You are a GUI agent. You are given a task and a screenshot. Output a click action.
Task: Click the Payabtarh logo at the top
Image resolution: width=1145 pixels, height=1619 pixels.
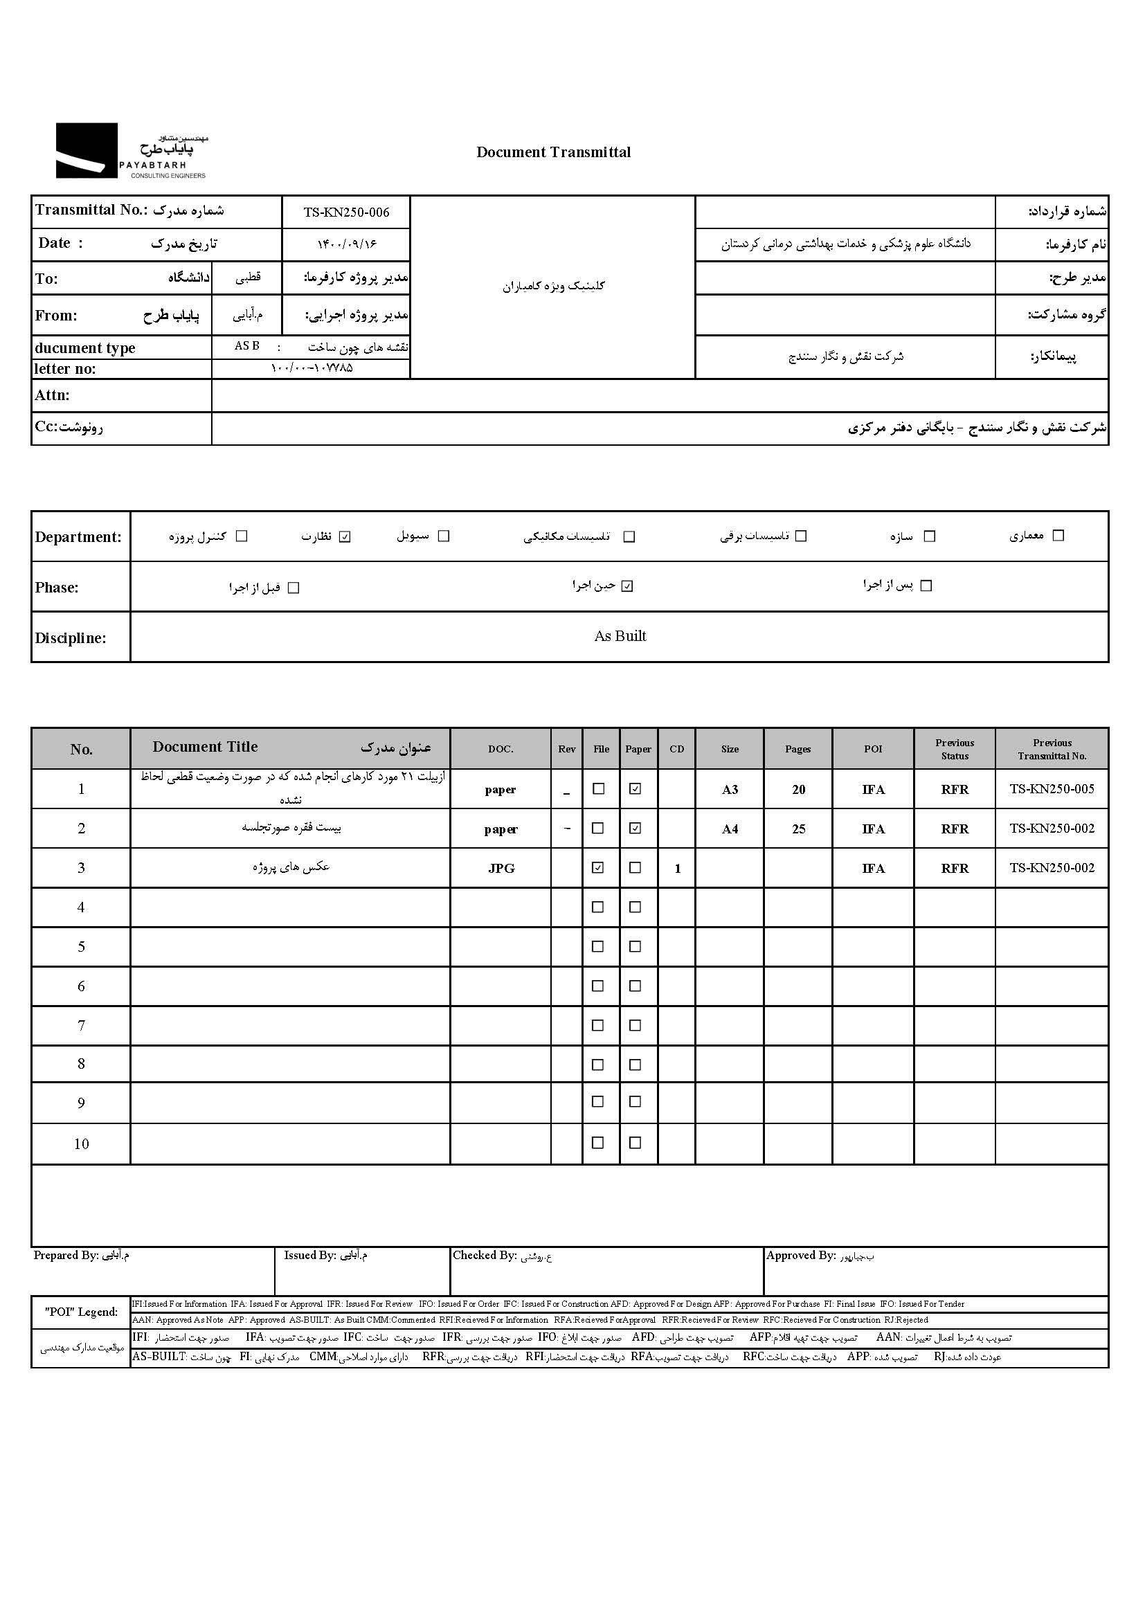click(131, 150)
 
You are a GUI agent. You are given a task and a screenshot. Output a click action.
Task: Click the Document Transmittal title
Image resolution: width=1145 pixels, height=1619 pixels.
click(554, 152)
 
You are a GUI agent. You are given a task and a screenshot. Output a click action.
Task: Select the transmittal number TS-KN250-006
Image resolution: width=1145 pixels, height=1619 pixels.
click(346, 212)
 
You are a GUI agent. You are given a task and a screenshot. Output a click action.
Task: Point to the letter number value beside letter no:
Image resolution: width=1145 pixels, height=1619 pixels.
click(312, 368)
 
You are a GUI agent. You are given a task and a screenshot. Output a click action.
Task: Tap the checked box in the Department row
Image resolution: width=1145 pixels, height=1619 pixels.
click(345, 536)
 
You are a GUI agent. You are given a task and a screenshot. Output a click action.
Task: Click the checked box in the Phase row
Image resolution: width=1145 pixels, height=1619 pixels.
click(627, 586)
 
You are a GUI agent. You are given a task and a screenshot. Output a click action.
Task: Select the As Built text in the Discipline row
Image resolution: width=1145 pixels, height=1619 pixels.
click(620, 636)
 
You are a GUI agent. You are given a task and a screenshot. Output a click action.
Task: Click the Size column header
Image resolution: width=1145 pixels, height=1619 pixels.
click(730, 749)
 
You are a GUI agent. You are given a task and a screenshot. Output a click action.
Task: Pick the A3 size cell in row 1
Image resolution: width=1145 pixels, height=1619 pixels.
click(730, 789)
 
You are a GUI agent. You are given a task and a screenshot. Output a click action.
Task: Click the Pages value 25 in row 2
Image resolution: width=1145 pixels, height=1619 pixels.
click(798, 829)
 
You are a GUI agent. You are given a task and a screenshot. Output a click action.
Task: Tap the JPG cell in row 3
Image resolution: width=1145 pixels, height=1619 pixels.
click(501, 868)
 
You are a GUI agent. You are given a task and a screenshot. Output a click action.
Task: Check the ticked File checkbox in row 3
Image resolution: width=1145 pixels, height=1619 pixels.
click(598, 867)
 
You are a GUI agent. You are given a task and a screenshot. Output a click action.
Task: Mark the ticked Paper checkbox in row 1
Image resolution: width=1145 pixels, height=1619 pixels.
click(635, 789)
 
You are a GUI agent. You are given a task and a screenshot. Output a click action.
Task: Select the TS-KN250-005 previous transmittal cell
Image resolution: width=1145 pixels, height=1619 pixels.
click(1052, 789)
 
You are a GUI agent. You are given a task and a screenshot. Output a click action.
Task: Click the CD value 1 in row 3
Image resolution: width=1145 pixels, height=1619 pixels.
click(677, 868)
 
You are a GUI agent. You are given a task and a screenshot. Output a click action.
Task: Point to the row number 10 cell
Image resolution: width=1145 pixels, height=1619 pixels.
click(81, 1143)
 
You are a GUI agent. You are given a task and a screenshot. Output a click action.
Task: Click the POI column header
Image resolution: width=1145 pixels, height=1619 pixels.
click(873, 749)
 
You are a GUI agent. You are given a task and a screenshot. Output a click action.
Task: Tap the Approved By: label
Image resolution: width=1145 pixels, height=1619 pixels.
click(800, 1255)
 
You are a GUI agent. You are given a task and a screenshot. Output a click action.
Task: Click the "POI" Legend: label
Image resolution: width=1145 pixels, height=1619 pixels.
click(81, 1312)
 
